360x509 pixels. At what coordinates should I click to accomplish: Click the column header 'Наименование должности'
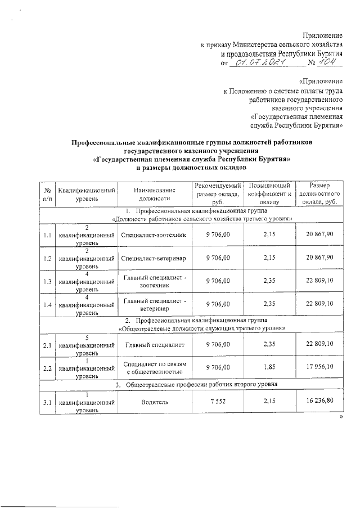point(154,194)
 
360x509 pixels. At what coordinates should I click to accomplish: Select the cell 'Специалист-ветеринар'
point(154,258)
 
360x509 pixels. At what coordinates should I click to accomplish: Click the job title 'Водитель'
point(154,403)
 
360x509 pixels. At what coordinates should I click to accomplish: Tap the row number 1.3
point(48,282)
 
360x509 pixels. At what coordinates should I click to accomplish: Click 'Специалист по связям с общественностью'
point(154,368)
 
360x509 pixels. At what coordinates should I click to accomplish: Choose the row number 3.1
point(48,403)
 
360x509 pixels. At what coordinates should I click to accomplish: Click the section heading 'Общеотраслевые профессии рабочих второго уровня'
point(197,385)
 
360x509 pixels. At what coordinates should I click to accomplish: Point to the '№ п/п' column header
point(48,194)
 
